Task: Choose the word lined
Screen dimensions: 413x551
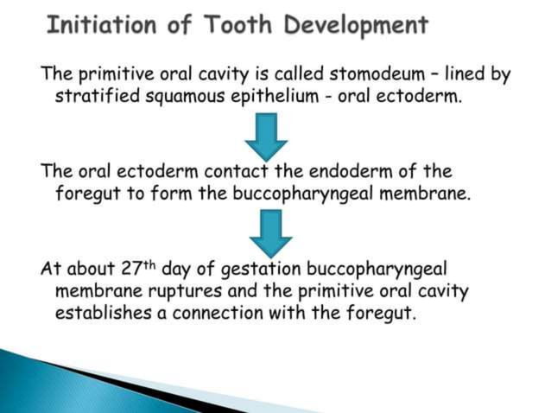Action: tap(440, 75)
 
